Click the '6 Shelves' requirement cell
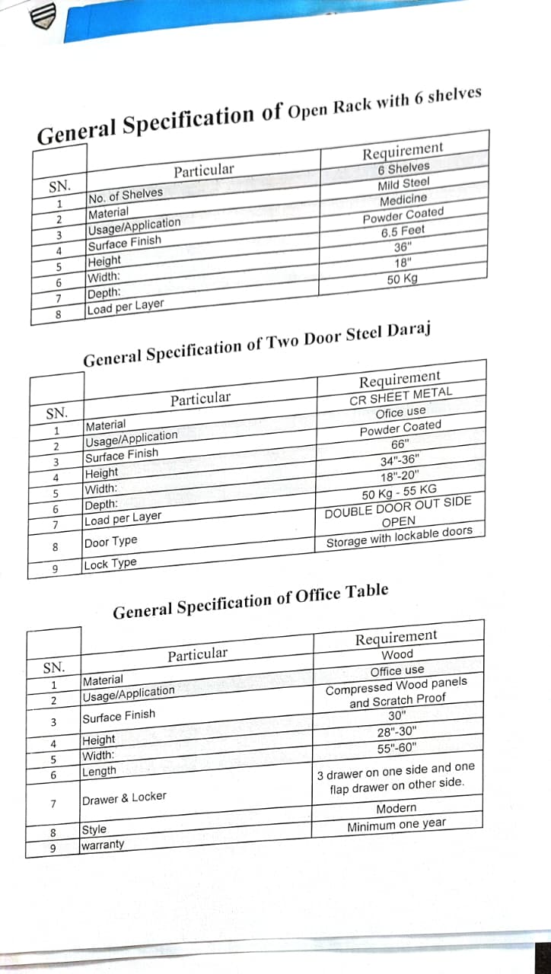[x=403, y=167]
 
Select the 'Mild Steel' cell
[x=403, y=183]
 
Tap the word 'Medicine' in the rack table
[x=403, y=199]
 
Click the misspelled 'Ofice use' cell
[x=400, y=412]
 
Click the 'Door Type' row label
[x=111, y=541]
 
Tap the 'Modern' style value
[x=397, y=808]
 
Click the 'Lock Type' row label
[x=111, y=564]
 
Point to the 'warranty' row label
[x=103, y=845]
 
